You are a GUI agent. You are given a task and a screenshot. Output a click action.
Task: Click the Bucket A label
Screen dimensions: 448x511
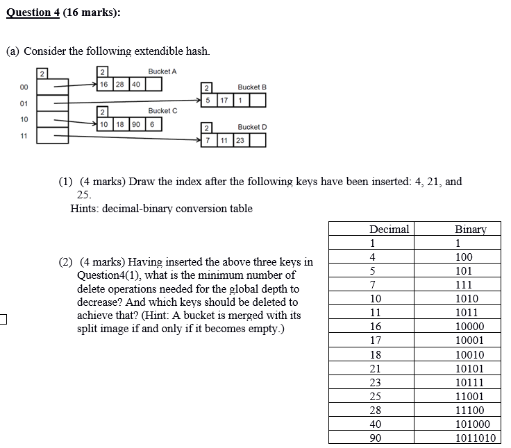click(162, 71)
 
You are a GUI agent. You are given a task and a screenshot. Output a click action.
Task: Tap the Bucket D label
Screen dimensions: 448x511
click(252, 127)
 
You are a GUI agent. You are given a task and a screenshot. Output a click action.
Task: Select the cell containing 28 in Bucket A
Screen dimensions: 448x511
click(119, 85)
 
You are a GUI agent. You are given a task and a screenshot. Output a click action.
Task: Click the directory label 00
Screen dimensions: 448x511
click(24, 87)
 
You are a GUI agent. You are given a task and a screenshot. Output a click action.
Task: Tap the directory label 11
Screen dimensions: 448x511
click(24, 135)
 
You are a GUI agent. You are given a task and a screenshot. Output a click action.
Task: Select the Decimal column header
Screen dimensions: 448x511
click(389, 230)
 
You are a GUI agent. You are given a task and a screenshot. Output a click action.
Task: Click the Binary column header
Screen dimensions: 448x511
click(470, 230)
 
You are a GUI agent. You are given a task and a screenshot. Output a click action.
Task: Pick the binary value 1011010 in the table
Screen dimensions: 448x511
click(476, 438)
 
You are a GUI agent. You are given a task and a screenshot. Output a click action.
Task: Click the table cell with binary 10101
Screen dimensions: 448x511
click(469, 368)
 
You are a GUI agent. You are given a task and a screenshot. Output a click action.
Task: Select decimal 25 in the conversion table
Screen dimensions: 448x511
click(376, 397)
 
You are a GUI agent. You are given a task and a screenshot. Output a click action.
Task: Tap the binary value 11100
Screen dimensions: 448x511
click(469, 411)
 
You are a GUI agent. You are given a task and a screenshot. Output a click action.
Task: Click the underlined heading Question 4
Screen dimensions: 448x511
click(31, 12)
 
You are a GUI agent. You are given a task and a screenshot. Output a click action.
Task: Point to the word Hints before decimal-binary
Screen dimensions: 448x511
click(84, 208)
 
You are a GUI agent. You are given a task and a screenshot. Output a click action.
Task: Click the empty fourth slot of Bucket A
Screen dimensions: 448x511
click(153, 85)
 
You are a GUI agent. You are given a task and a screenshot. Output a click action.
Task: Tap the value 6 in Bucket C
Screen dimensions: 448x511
click(151, 124)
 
